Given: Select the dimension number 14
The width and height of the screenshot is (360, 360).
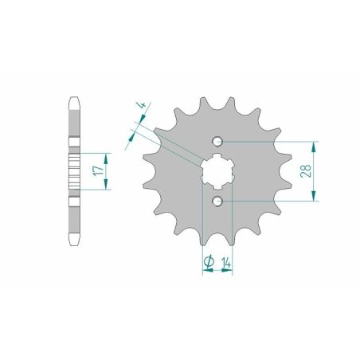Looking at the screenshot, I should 226,260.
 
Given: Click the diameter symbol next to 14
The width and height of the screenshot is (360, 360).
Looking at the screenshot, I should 209,260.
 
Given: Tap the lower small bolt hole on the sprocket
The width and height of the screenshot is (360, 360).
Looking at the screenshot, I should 217,201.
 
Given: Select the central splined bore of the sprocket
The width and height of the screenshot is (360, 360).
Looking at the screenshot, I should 216,171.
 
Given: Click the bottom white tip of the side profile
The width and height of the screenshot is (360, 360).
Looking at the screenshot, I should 73,239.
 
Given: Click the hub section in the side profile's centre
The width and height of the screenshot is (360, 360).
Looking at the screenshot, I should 73,171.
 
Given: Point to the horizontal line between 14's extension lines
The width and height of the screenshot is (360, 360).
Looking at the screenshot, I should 216,271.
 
